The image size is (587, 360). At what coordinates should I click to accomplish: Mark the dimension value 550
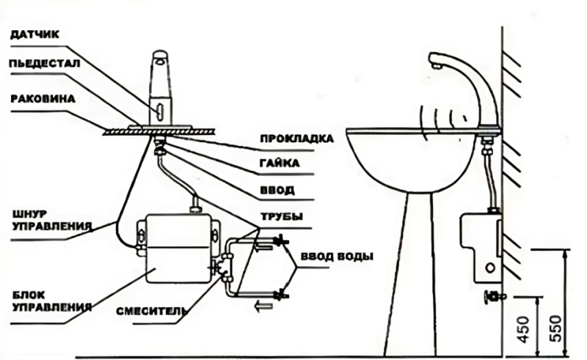click(556, 323)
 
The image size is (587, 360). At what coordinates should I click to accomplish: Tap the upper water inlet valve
click(279, 240)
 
